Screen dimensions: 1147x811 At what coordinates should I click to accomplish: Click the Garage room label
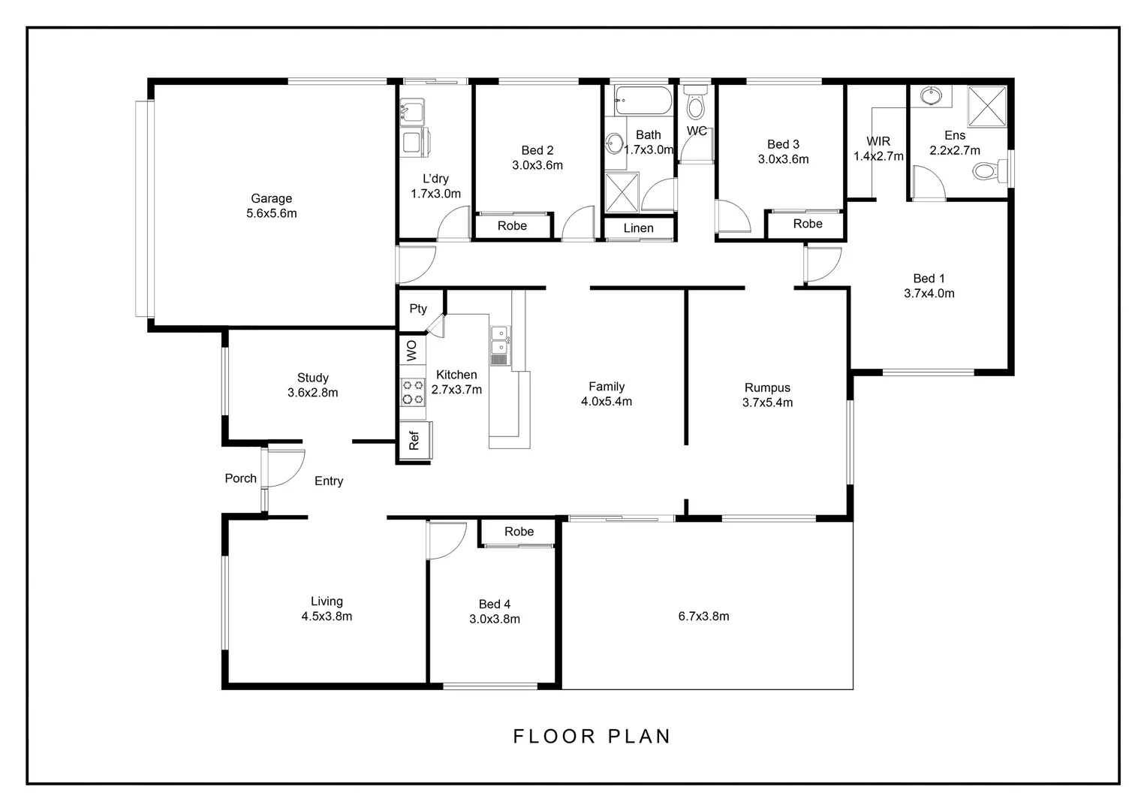(272, 198)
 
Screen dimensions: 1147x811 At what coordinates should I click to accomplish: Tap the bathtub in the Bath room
(643, 101)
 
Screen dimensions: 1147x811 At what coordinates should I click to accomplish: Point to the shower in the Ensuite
(986, 107)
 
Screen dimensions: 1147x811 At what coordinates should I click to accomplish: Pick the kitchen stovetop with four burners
(413, 392)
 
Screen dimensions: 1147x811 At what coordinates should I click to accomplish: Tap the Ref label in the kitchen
(414, 441)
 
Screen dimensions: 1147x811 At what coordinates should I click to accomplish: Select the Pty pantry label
(418, 309)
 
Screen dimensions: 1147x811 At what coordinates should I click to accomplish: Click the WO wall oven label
(411, 351)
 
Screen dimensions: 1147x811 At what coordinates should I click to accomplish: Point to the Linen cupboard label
(639, 228)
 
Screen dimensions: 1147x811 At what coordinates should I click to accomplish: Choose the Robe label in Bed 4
(519, 531)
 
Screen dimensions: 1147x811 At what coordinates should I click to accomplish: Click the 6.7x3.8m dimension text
(703, 617)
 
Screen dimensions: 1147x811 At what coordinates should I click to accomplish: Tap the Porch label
(241, 478)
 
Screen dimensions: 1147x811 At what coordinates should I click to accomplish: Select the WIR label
(878, 141)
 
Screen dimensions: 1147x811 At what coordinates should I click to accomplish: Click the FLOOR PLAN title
(592, 736)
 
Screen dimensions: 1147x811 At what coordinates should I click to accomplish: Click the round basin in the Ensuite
(931, 96)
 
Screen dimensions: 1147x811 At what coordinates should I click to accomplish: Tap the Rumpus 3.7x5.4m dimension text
(768, 402)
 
